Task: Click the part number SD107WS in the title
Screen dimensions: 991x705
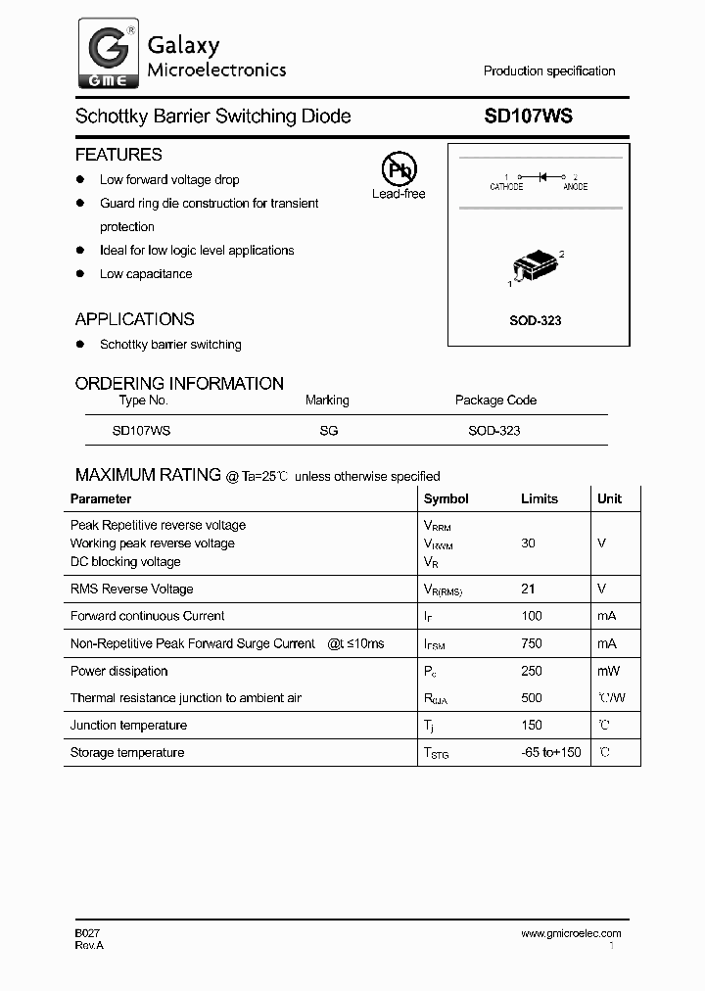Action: (x=529, y=116)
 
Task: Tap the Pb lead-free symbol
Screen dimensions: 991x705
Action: (x=399, y=168)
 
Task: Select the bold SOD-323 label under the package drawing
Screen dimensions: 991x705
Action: (x=536, y=320)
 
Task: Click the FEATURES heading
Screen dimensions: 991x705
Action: (x=118, y=155)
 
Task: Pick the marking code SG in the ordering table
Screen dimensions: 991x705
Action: (x=327, y=430)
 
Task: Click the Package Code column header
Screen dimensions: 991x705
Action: (x=495, y=400)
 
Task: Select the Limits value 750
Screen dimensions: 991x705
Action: (x=529, y=643)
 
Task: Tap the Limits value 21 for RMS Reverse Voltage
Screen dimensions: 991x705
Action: (x=529, y=589)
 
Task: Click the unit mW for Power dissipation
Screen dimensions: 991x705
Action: (x=607, y=671)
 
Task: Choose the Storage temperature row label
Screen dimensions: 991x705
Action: (x=127, y=752)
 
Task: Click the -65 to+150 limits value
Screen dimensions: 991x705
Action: (x=549, y=752)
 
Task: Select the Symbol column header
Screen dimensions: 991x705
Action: (x=446, y=498)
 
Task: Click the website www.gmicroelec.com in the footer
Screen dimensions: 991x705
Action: (x=571, y=933)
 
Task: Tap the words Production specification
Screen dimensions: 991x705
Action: (x=549, y=71)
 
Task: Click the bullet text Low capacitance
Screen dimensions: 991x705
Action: (x=146, y=273)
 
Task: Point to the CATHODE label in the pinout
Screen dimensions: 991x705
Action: (x=506, y=186)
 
